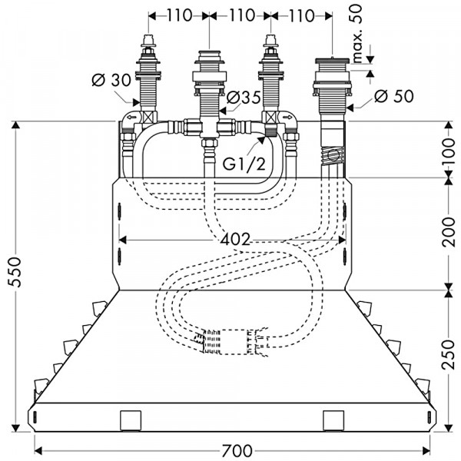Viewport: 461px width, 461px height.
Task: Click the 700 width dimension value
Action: tap(237, 450)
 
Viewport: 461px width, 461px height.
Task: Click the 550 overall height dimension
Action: tap(15, 272)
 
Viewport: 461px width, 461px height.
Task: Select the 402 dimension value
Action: tap(235, 240)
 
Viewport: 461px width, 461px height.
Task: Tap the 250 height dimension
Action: tap(449, 355)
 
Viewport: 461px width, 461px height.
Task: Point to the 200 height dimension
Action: tap(449, 232)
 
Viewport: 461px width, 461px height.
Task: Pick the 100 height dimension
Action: tap(449, 151)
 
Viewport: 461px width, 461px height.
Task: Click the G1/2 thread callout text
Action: tap(244, 164)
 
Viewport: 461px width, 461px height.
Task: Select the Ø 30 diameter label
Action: tap(111, 80)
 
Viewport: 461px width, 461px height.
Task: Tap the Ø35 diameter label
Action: tap(244, 98)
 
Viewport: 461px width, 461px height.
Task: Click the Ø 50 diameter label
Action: tap(394, 96)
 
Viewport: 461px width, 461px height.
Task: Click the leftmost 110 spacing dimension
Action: tap(179, 15)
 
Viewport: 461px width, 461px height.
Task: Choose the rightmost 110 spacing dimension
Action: tap(302, 16)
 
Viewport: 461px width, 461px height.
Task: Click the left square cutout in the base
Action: tap(131, 420)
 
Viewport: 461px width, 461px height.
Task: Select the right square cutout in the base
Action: tap(333, 420)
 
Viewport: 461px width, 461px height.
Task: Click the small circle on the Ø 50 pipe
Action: tap(333, 154)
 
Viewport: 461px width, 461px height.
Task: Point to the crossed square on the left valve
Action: tap(148, 118)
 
